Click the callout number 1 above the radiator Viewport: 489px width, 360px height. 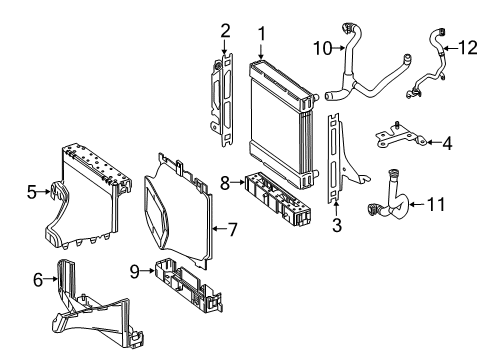[x=262, y=34]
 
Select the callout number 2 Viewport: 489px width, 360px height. [x=225, y=31]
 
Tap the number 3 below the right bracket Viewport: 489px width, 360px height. [x=337, y=225]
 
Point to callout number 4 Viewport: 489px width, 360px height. [x=447, y=143]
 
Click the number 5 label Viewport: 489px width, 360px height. [x=32, y=192]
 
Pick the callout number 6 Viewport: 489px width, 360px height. [x=38, y=279]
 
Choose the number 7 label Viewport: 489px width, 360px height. [x=231, y=229]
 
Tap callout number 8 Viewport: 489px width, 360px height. [x=225, y=183]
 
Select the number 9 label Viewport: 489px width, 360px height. [x=134, y=272]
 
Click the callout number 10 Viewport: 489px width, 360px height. [x=323, y=49]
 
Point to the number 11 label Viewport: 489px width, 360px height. [x=436, y=204]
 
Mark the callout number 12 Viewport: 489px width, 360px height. [x=468, y=47]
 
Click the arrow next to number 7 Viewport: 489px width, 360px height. [x=219, y=229]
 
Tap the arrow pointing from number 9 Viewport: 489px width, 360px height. [x=148, y=271]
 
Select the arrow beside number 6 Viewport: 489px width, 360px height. [x=51, y=279]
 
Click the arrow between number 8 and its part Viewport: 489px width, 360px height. [x=238, y=182]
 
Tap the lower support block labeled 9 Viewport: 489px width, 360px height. [x=188, y=284]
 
